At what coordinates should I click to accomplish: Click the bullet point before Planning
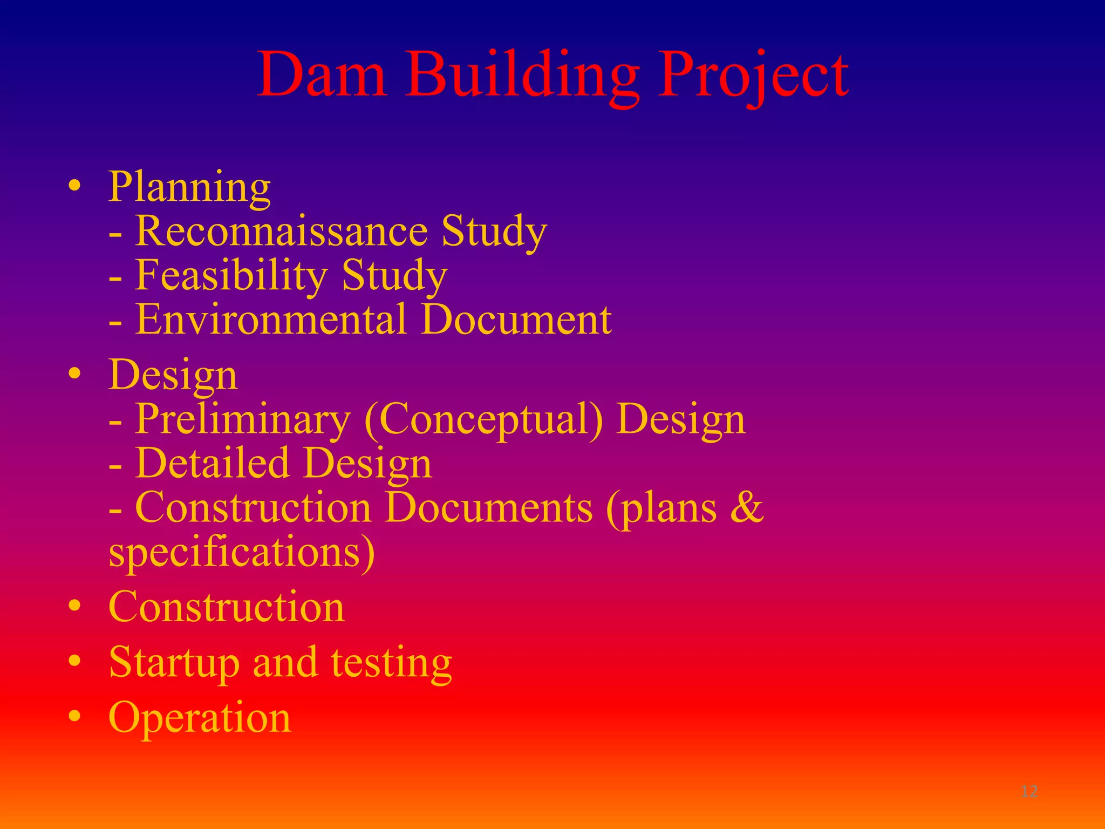pyautogui.click(x=75, y=186)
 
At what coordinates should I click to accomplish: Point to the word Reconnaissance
pyautogui.click(x=281, y=230)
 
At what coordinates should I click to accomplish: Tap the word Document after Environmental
pyautogui.click(x=516, y=320)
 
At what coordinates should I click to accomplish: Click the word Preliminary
pyautogui.click(x=243, y=420)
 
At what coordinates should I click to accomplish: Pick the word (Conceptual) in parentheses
pyautogui.click(x=483, y=420)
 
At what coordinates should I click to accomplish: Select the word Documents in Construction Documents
pyautogui.click(x=488, y=508)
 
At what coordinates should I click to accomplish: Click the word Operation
pyautogui.click(x=200, y=718)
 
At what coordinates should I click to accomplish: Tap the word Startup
pyautogui.click(x=174, y=663)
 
